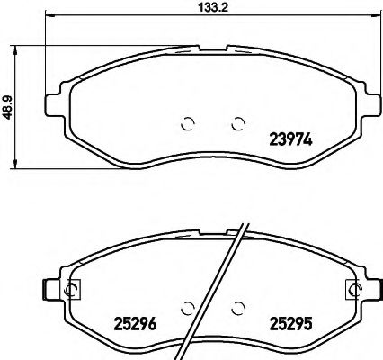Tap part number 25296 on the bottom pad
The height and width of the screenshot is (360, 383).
point(134,322)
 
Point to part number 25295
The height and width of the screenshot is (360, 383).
point(291,322)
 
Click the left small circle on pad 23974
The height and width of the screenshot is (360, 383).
point(188,125)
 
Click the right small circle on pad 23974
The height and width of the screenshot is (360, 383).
point(238,125)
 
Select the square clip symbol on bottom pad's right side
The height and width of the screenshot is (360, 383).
point(352,289)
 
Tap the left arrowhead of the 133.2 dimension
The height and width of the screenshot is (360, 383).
point(49,15)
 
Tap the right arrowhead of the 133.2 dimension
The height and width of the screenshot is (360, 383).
point(377,15)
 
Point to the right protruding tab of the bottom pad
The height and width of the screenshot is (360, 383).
point(375,289)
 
